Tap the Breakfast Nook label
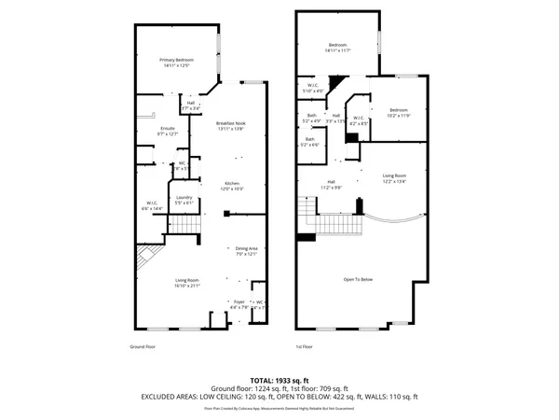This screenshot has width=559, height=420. tap(230, 125)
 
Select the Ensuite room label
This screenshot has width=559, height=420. tap(168, 131)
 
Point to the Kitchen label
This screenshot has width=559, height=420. tap(231, 185)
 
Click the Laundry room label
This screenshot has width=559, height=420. tap(184, 199)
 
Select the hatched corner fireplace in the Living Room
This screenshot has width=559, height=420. tap(146, 256)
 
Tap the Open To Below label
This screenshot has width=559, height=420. tap(357, 279)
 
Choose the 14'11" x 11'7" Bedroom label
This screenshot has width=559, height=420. tap(337, 48)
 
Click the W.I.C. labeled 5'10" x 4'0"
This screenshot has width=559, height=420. tap(314, 89)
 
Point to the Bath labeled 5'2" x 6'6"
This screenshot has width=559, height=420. tap(309, 143)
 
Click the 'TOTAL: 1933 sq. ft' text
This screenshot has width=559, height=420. tap(279, 381)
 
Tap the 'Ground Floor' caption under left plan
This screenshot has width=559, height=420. tap(143, 346)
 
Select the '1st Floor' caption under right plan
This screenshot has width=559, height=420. tap(304, 346)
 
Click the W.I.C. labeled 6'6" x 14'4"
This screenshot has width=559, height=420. tap(151, 205)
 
